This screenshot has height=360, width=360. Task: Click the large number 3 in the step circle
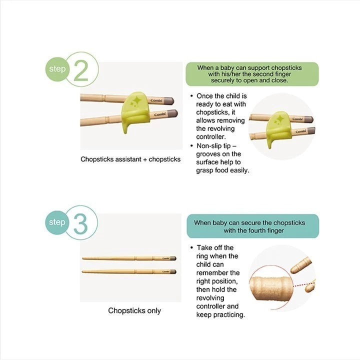(x=81, y=225)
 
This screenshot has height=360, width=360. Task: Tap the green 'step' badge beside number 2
(x=57, y=68)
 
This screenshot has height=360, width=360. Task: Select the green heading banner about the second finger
(x=251, y=73)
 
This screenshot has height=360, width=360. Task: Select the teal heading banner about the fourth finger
(x=252, y=226)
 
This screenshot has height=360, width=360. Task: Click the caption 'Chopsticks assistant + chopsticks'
(x=130, y=159)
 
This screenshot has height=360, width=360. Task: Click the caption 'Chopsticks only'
(x=134, y=310)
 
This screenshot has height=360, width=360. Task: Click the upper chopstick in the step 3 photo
(x=129, y=258)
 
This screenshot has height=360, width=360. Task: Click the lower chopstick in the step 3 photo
(x=129, y=271)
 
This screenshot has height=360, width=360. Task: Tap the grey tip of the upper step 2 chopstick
(x=168, y=100)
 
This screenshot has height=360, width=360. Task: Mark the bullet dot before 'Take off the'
(x=192, y=248)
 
